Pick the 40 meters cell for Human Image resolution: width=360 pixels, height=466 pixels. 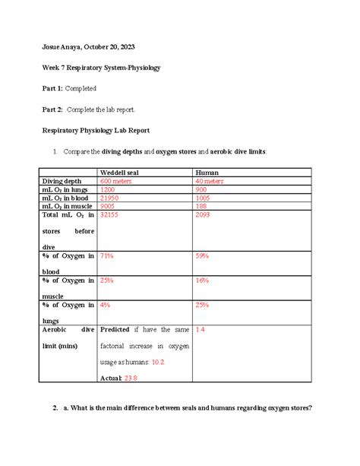point(209,181)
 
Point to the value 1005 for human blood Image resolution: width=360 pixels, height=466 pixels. point(204,198)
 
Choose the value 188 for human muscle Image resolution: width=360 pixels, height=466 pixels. point(201,206)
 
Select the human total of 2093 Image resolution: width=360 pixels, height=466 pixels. point(204,215)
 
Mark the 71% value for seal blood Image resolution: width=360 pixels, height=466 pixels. point(107,256)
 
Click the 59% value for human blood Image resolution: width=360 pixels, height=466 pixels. point(202,256)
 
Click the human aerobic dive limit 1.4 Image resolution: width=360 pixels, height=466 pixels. point(201,330)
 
